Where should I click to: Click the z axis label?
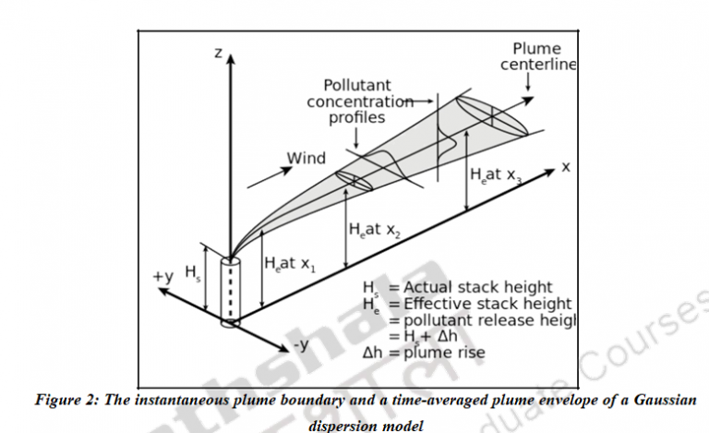click(218, 54)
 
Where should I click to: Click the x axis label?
click(567, 167)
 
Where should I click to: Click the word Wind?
click(306, 158)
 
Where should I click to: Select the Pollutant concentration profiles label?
click(360, 102)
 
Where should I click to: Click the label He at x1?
click(289, 264)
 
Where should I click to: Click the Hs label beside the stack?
click(193, 272)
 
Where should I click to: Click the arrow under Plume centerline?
click(527, 85)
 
